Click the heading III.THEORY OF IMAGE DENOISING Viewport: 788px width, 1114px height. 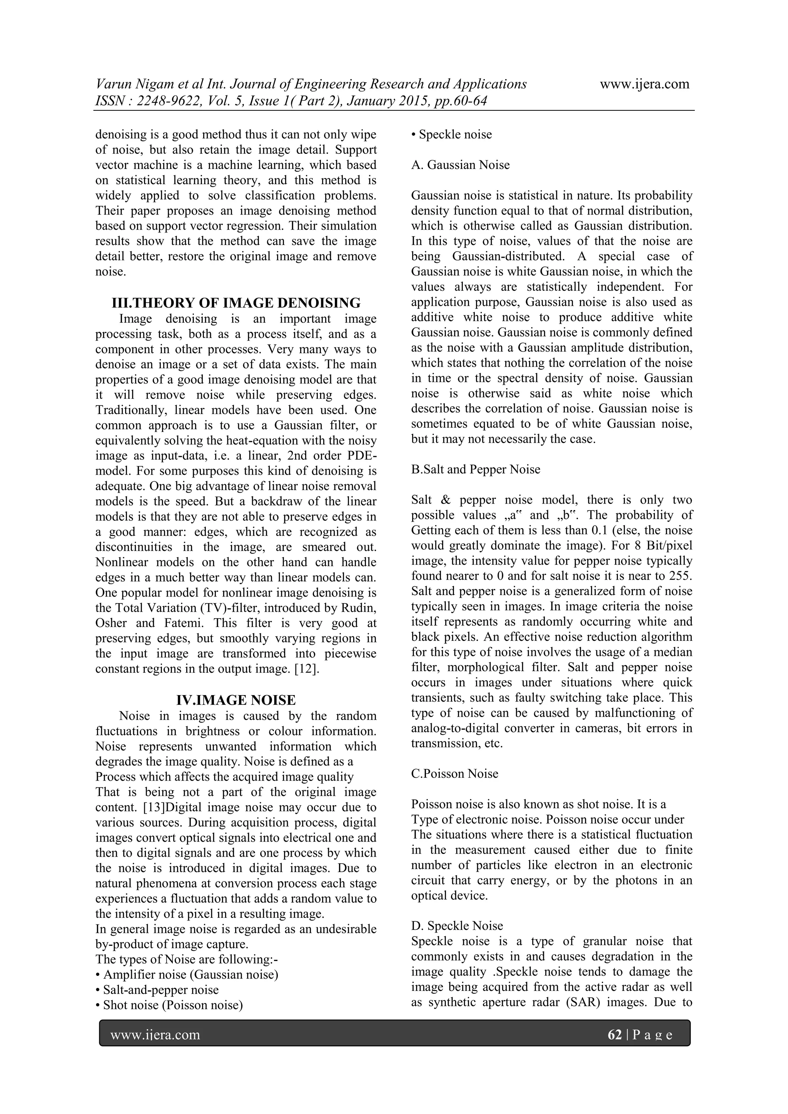tap(236, 303)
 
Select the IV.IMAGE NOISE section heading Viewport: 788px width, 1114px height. tap(236, 700)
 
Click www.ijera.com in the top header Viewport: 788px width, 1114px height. tap(644, 84)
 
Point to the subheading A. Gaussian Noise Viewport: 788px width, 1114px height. tap(461, 165)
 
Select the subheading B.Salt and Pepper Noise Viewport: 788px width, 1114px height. tap(476, 469)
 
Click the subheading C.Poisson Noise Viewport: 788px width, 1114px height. tap(455, 774)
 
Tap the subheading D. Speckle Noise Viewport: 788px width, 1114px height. tap(457, 926)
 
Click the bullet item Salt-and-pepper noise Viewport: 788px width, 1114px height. tap(160, 990)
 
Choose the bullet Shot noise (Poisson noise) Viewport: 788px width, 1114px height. tap(173, 1005)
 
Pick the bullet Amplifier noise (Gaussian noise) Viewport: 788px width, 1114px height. tap(190, 975)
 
